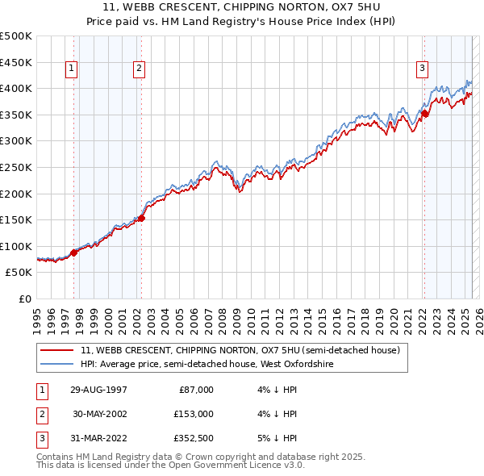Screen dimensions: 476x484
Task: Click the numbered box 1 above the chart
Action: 72,69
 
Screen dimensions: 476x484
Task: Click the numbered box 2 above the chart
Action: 139,69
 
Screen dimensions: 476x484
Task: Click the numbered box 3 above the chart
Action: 422,69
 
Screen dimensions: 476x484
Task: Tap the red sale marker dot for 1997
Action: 74,253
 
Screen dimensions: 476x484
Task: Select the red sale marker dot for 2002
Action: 141,218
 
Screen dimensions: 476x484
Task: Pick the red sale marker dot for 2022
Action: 424,113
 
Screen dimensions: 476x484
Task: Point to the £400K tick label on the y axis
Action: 16,88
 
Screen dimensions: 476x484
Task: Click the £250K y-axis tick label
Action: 16,167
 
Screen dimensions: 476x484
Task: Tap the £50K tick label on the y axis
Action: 19,273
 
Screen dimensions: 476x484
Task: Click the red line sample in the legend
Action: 56,350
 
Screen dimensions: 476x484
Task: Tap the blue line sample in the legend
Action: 56,364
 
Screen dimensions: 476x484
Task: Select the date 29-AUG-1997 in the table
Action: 99,390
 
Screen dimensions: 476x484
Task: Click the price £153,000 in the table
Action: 193,414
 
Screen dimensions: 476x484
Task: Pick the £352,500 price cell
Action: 193,438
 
